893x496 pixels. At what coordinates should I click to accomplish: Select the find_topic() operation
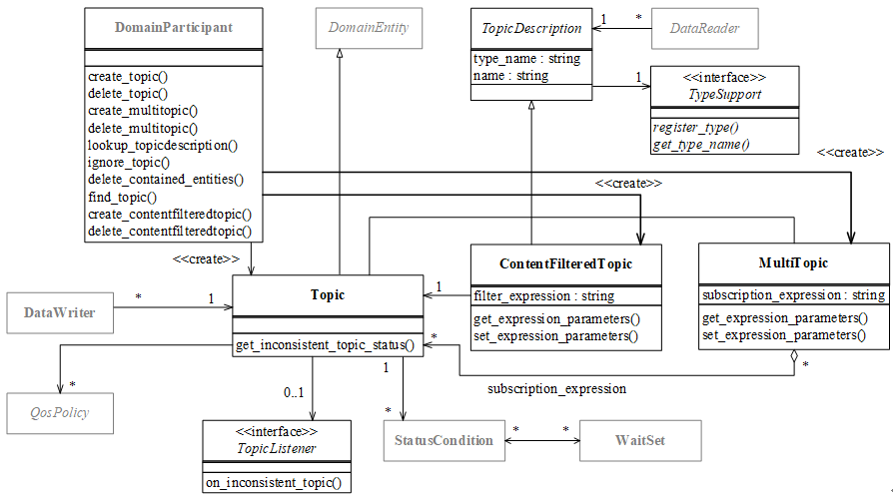coord(123,197)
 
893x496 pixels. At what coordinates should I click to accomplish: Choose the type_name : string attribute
coord(526,59)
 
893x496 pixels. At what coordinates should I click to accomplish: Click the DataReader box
coord(705,28)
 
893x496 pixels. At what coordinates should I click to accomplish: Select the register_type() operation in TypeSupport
coord(695,128)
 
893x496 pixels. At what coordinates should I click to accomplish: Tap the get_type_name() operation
coord(701,145)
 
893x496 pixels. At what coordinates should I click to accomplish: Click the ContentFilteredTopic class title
coord(565,263)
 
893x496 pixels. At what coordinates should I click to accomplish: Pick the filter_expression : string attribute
coord(543,295)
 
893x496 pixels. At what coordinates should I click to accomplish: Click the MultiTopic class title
coord(792,263)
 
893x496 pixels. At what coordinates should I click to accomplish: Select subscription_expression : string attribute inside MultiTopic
coord(793,295)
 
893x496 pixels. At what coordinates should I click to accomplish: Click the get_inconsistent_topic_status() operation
coord(326,346)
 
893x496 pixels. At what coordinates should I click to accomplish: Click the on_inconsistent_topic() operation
coord(274,483)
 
